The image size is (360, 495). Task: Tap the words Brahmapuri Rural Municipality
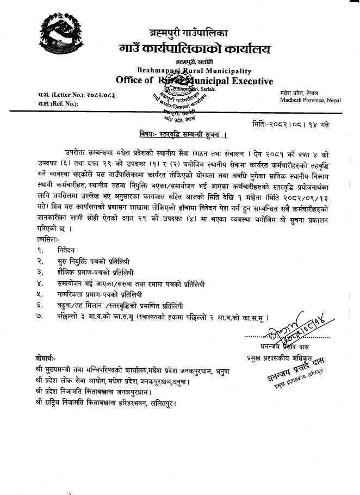pos(194,71)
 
